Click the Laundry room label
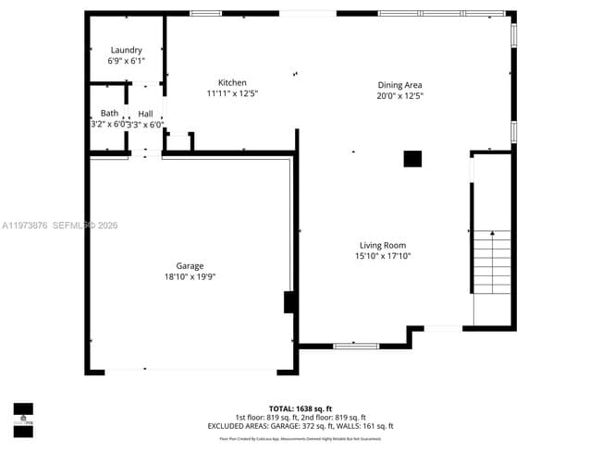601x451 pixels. pos(126,50)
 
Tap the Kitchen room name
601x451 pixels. pos(232,82)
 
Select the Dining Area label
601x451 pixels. pos(399,85)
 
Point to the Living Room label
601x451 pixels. pos(383,245)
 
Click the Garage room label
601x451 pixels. pos(190,266)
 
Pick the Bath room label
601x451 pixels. pos(109,113)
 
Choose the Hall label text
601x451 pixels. pos(145,113)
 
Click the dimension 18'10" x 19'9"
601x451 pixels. pos(190,276)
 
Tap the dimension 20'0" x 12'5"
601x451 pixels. pos(399,95)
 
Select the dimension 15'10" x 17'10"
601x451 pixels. pos(383,256)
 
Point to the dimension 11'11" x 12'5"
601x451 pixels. pos(232,92)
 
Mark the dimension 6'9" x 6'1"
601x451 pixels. pos(126,61)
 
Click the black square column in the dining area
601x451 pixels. pos(412,159)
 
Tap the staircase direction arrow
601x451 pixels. pos(492,235)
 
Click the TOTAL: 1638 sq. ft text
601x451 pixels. pos(300,408)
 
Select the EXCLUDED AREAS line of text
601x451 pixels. pos(300,426)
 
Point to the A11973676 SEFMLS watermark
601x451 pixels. pos(59,225)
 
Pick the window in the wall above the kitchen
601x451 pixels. pos(205,13)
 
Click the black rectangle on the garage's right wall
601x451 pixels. pos(289,302)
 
